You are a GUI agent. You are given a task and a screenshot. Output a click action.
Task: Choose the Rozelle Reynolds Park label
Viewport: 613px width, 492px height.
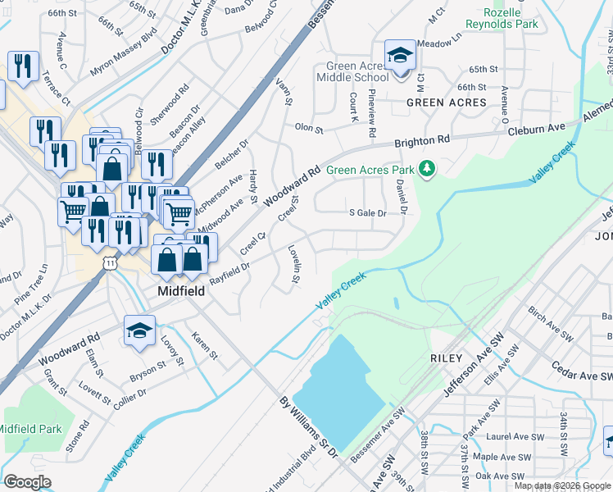click(502, 18)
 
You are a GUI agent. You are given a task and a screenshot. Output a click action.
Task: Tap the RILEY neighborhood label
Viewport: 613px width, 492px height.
click(446, 358)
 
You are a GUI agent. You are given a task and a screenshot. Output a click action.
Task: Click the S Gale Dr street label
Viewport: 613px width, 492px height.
click(367, 213)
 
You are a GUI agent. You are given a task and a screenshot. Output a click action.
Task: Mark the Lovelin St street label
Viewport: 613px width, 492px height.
click(293, 264)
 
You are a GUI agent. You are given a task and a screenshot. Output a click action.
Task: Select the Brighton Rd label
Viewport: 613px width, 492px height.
click(424, 141)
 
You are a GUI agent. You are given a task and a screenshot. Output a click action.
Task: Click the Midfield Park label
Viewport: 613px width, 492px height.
click(30, 429)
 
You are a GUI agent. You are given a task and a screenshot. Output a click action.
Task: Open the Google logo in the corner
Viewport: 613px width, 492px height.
click(28, 482)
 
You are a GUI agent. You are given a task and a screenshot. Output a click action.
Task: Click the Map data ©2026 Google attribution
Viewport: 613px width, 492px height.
click(562, 485)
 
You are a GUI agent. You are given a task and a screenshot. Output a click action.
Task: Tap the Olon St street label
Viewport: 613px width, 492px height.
click(309, 129)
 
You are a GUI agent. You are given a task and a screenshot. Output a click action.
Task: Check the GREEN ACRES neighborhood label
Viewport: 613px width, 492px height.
click(447, 102)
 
